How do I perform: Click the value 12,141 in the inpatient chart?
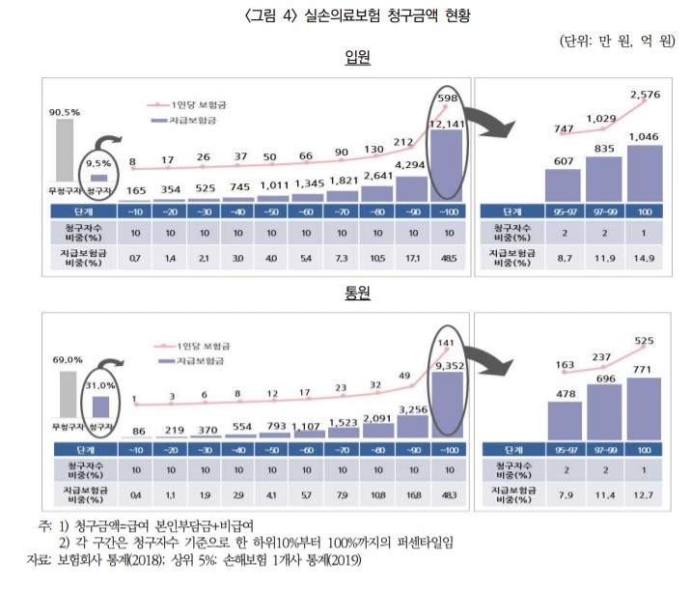pos(447,124)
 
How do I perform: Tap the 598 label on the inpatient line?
pos(447,98)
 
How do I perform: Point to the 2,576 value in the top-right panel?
pos(648,95)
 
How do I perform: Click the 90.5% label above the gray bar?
pos(64,111)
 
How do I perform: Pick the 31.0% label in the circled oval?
pos(100,386)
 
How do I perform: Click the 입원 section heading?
pos(358,58)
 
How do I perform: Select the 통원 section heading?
pos(358,294)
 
